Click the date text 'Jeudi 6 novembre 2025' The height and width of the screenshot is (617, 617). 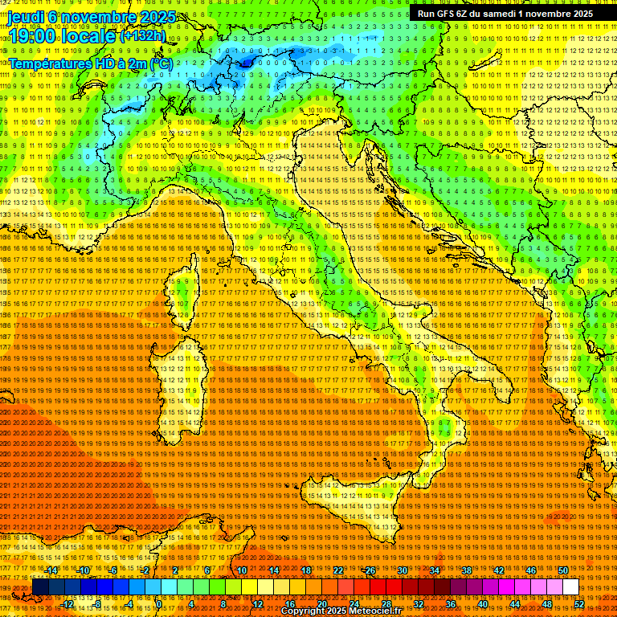[x=80, y=17]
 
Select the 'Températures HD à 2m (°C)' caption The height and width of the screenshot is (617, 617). [x=90, y=63]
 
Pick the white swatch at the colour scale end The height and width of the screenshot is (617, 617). [x=570, y=587]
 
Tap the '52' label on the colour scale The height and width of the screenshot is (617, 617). [x=578, y=604]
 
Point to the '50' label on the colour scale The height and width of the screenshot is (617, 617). [x=563, y=570]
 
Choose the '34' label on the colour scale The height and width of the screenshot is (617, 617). [x=435, y=570]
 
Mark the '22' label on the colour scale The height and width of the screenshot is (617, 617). [x=338, y=570]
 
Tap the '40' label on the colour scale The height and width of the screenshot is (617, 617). [x=482, y=604]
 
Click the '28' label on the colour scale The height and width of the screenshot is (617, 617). [x=386, y=604]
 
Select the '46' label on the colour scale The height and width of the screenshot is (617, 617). [x=531, y=570]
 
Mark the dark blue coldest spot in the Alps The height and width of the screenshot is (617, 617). [x=245, y=59]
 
